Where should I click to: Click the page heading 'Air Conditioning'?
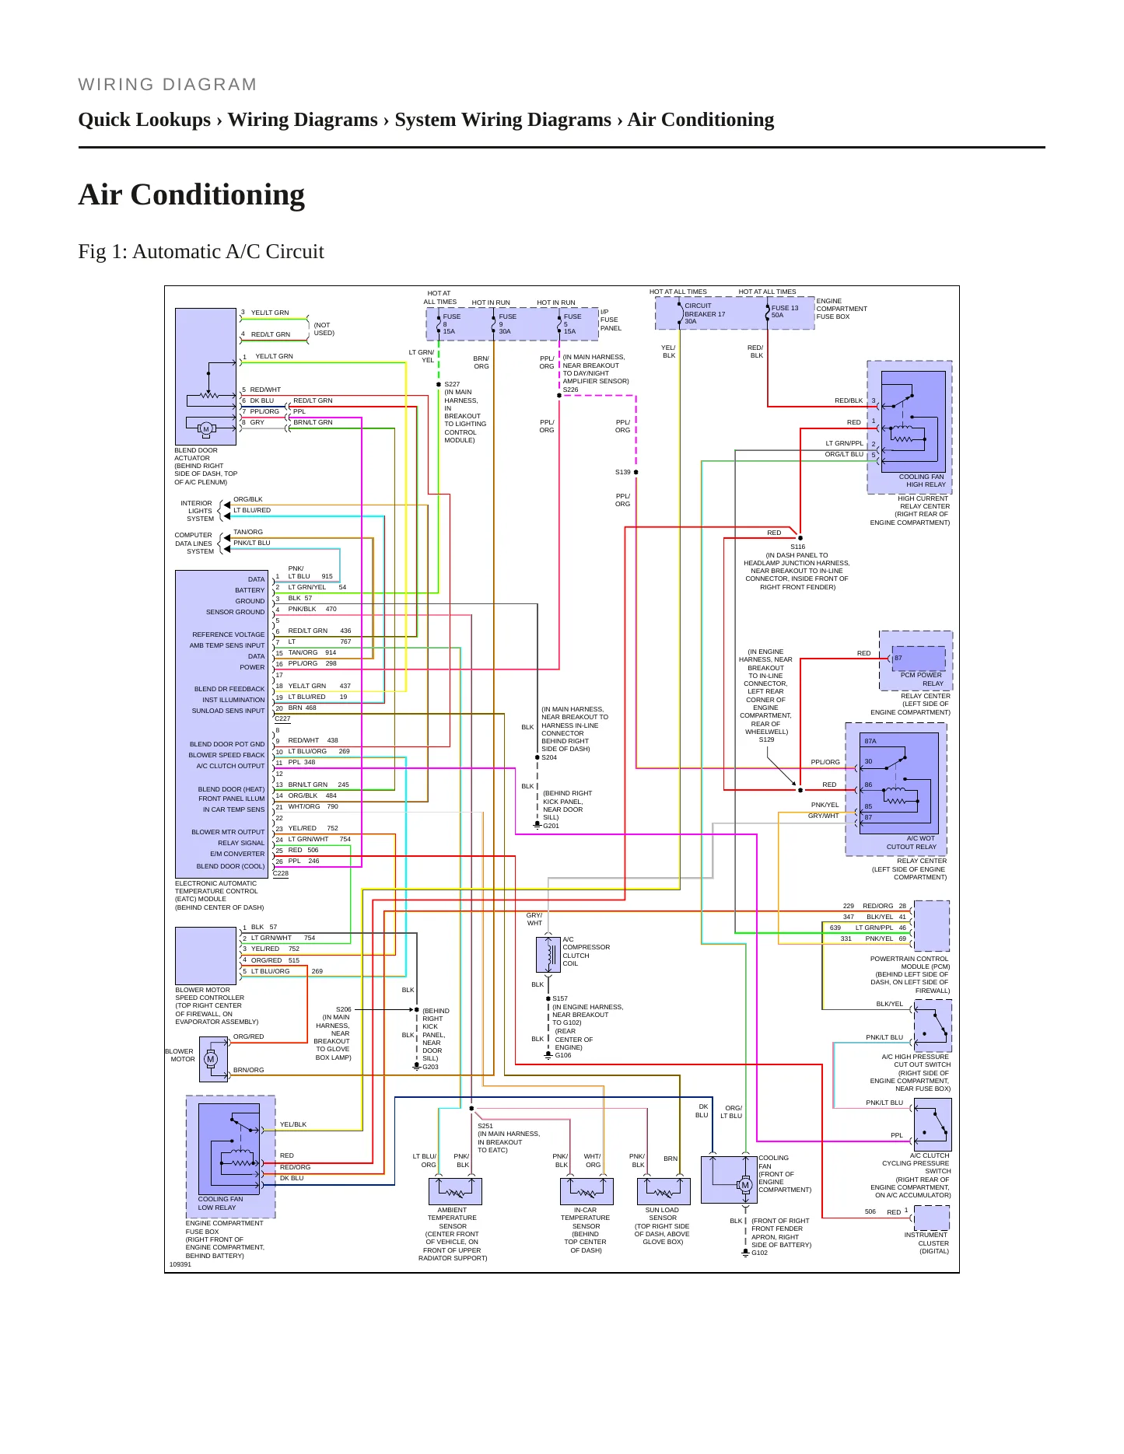tap(191, 194)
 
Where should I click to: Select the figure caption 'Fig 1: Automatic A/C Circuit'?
tap(201, 251)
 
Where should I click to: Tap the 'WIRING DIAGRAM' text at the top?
tap(167, 84)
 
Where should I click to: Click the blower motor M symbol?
tap(210, 1059)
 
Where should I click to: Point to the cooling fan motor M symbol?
tap(745, 1185)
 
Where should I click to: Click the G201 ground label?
tap(551, 826)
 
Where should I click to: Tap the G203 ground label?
tap(430, 1067)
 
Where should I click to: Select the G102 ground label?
tap(759, 1253)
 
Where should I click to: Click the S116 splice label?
tap(798, 547)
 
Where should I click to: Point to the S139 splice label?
tap(623, 472)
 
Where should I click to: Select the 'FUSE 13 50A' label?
tap(785, 311)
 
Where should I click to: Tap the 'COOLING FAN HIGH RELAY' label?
tap(922, 481)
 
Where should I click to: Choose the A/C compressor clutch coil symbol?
tap(548, 955)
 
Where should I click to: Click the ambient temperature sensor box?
tap(455, 1191)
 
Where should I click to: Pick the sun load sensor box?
tap(664, 1191)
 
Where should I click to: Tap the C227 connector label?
tap(282, 718)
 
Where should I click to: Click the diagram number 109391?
tap(180, 1264)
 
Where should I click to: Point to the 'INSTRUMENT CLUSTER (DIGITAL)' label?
tap(926, 1243)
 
